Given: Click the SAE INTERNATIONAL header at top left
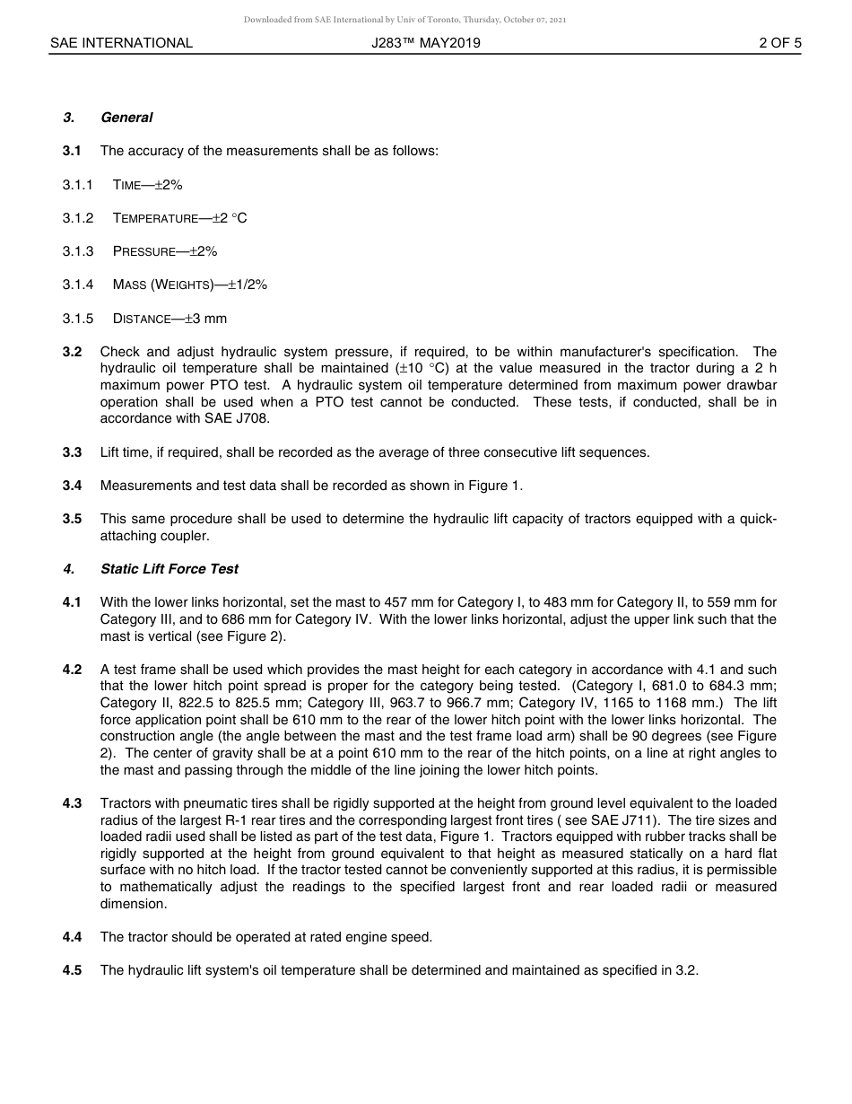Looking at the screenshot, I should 121,43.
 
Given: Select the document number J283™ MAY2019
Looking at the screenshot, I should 426,43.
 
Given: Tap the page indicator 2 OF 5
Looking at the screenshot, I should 779,43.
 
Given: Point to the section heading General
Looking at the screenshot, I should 126,118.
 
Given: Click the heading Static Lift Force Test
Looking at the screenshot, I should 170,569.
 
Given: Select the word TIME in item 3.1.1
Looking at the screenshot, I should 127,185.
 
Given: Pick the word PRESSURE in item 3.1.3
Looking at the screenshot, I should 144,252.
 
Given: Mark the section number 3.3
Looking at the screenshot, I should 72,452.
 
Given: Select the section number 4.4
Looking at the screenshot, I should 72,937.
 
